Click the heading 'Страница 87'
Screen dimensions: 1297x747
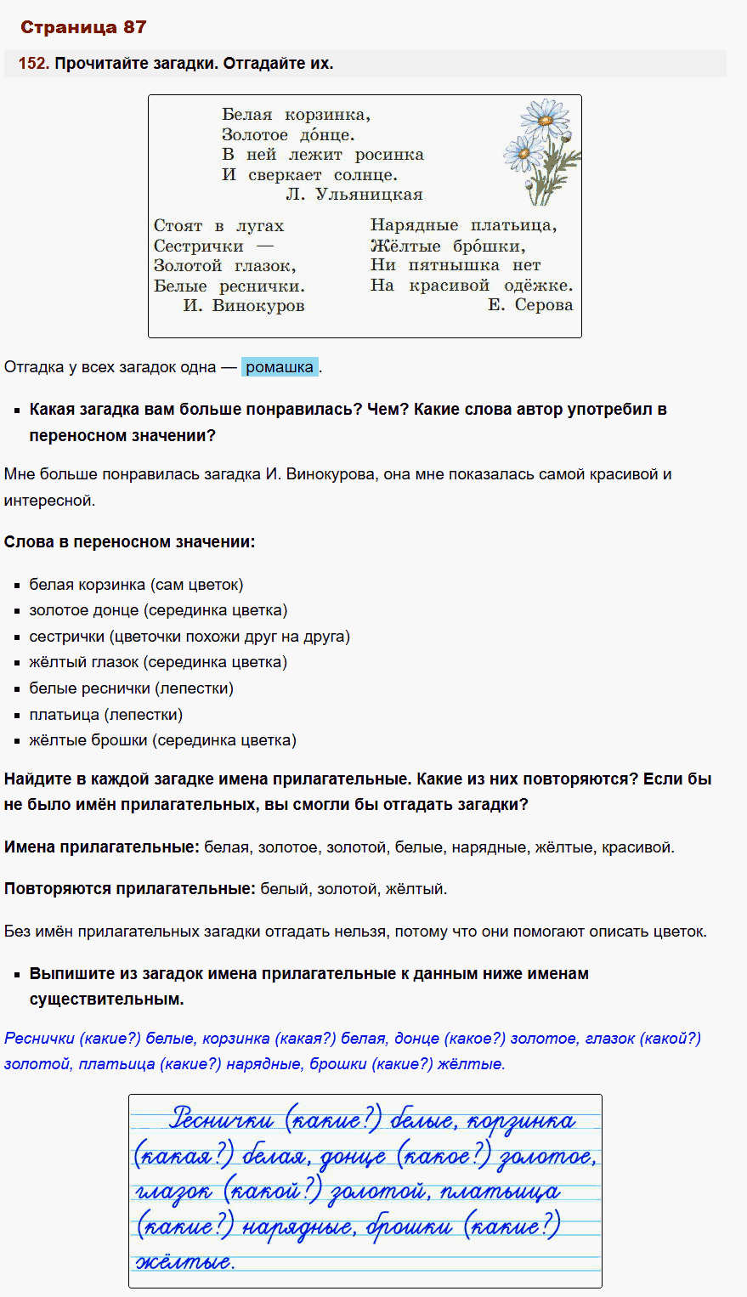[x=83, y=27]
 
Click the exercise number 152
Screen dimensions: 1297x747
[x=33, y=64]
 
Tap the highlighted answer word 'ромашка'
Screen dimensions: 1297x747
[x=280, y=367]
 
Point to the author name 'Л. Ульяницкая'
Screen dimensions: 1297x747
[x=354, y=195]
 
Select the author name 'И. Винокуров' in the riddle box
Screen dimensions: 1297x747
[x=243, y=306]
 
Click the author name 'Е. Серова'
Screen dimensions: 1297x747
[x=530, y=305]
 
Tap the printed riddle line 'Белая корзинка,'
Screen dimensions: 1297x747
[x=296, y=115]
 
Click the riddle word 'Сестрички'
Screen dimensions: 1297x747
[x=199, y=246]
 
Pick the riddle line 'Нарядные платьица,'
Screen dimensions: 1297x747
[x=463, y=225]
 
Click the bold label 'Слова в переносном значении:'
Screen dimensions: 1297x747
[x=129, y=542]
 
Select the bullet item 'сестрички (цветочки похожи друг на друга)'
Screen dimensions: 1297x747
[x=190, y=637]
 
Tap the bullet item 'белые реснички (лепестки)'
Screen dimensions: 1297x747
[x=131, y=688]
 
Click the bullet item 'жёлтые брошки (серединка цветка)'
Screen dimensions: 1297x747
[x=162, y=740]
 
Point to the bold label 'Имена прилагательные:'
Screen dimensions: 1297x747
[x=101, y=847]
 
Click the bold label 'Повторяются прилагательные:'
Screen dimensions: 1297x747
[x=129, y=889]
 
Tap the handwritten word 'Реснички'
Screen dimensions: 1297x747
[x=222, y=1119]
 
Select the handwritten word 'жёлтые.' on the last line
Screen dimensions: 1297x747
[x=184, y=1262]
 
